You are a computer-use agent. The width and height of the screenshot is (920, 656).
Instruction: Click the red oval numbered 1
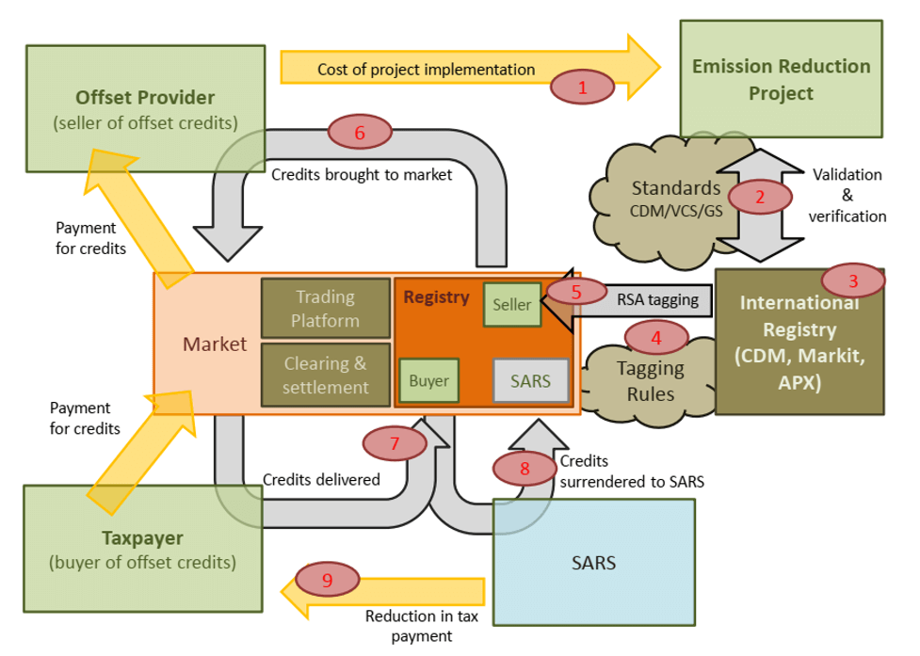pyautogui.click(x=582, y=88)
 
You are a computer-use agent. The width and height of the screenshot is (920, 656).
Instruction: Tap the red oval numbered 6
pyautogui.click(x=360, y=132)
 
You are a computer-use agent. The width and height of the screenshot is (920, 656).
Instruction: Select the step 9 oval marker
pyautogui.click(x=328, y=579)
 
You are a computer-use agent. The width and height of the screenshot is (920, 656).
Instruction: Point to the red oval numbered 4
pyautogui.click(x=656, y=338)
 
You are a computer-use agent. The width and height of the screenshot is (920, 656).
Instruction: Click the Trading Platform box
pyautogui.click(x=326, y=309)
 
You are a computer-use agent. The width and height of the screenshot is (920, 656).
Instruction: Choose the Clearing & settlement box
pyautogui.click(x=326, y=376)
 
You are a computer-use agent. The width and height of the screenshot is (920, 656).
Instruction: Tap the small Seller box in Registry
pyautogui.click(x=512, y=305)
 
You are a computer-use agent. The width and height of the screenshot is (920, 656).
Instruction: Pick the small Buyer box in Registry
pyautogui.click(x=428, y=380)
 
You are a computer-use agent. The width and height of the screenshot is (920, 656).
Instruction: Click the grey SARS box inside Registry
pyautogui.click(x=531, y=381)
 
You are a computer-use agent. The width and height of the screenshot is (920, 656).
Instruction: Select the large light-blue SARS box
pyautogui.click(x=594, y=562)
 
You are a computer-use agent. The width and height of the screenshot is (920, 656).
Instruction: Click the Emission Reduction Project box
pyautogui.click(x=781, y=79)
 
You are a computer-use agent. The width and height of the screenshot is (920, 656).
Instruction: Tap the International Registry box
pyautogui.click(x=799, y=343)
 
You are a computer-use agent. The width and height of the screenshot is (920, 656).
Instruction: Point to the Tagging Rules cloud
pyautogui.click(x=650, y=381)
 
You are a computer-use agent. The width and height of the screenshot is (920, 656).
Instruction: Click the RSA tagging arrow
pyautogui.click(x=626, y=300)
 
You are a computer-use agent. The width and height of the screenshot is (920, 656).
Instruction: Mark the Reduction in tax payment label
pyautogui.click(x=422, y=626)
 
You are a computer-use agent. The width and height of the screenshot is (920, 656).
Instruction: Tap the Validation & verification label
pyautogui.click(x=847, y=195)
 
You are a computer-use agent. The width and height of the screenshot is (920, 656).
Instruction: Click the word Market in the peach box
pyautogui.click(x=215, y=344)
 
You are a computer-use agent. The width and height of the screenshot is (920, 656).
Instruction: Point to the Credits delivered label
pyautogui.click(x=321, y=480)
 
